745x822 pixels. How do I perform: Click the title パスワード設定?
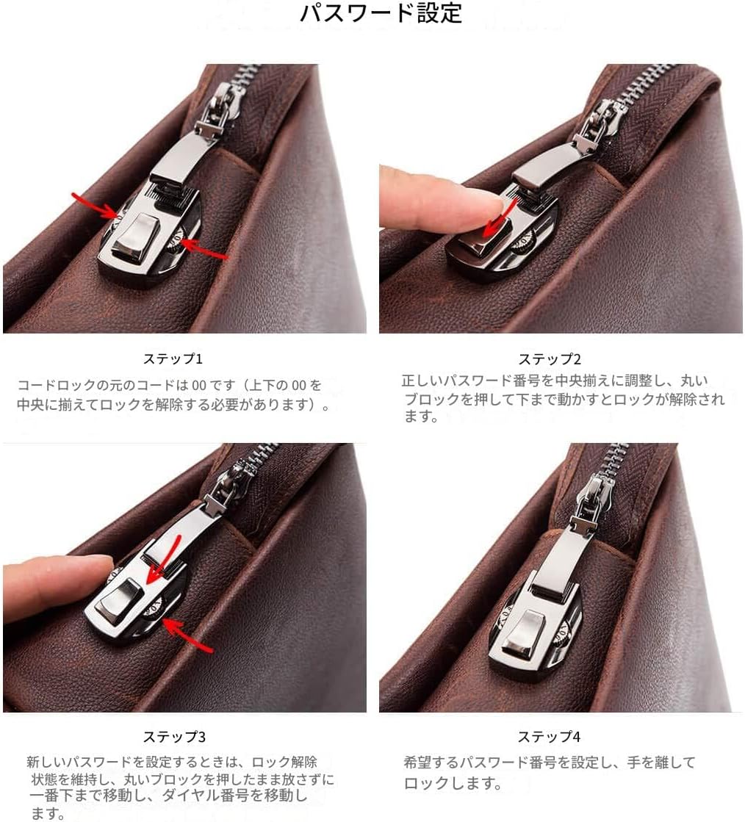[381, 14]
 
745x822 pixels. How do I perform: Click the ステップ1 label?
[173, 359]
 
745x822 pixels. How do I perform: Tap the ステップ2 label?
[550, 359]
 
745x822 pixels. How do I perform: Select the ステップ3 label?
[173, 737]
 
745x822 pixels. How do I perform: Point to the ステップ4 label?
[549, 737]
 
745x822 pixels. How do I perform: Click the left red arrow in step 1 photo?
[95, 206]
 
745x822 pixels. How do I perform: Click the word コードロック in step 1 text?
[55, 385]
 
